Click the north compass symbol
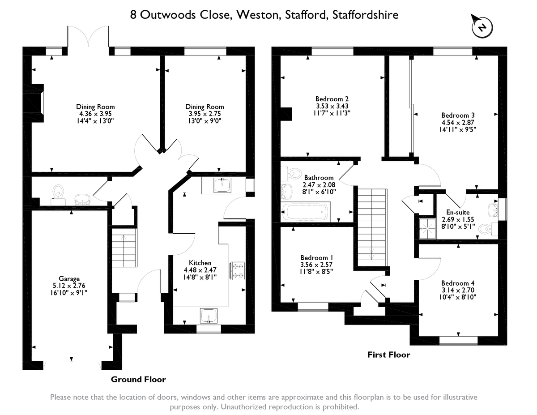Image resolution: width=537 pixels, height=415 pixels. [482, 27]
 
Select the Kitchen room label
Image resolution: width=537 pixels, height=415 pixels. [200, 263]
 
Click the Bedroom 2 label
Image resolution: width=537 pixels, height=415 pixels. [332, 99]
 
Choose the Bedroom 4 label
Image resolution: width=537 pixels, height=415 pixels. [457, 283]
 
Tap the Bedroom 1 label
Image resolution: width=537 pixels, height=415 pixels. [316, 258]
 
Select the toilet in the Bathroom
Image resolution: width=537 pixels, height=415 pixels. [294, 172]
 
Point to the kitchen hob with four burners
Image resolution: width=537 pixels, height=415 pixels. [237, 270]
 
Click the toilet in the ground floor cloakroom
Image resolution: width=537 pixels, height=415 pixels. [57, 193]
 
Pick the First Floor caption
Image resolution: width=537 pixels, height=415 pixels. [388, 355]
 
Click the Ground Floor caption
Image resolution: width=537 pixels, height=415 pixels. [138, 380]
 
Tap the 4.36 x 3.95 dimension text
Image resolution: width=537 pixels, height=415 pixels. [95, 114]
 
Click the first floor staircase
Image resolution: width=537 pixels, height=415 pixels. [371, 226]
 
